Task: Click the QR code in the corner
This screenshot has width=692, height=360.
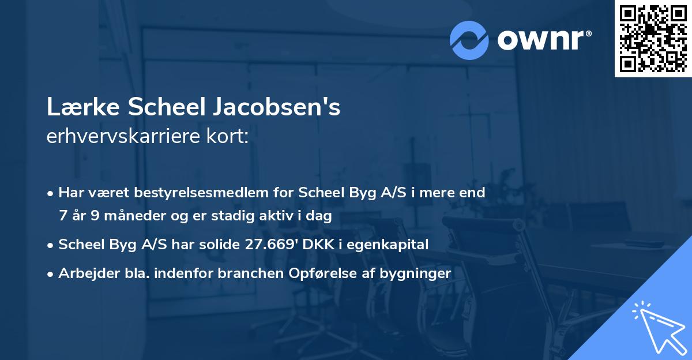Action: tap(653, 38)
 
